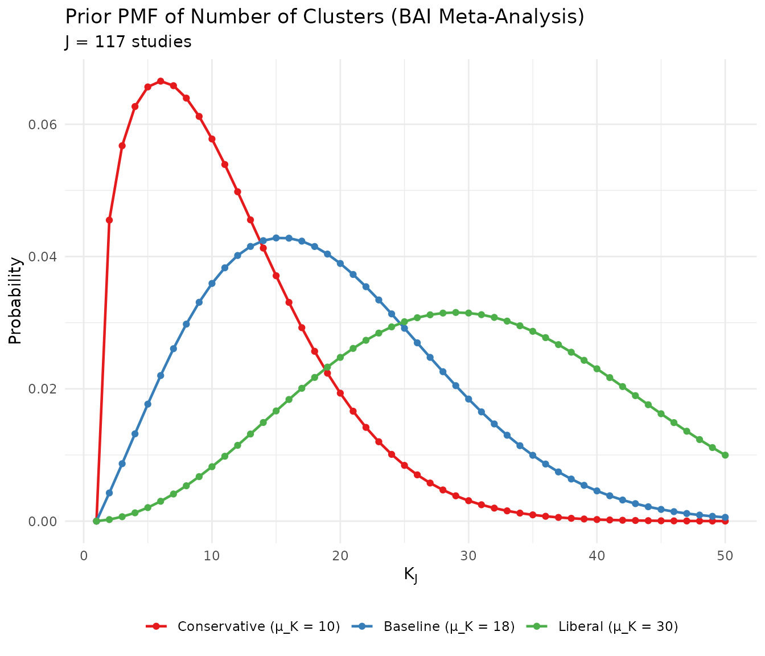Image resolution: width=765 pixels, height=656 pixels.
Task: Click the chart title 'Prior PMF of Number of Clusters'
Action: pos(324,17)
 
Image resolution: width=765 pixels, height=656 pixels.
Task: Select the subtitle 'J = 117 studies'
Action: pos(128,42)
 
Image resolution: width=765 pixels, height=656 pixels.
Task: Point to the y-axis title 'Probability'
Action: pos(15,301)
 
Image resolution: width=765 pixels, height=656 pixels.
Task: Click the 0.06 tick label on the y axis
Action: pos(43,125)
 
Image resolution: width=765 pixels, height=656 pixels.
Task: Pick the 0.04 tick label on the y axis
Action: pos(43,257)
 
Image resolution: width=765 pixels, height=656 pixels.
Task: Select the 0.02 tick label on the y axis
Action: pos(43,389)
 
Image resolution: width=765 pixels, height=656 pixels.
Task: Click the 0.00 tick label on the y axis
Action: pos(43,521)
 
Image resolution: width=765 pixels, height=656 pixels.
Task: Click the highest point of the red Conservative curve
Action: pos(161,81)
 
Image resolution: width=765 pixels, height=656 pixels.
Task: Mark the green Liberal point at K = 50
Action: pos(725,455)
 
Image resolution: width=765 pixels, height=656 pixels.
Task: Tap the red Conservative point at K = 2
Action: pos(109,220)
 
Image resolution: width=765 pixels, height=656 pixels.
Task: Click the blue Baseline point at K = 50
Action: pos(725,517)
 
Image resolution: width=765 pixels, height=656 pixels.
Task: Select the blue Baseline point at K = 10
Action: pos(212,284)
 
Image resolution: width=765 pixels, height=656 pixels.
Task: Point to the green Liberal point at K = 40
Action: pos(597,369)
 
